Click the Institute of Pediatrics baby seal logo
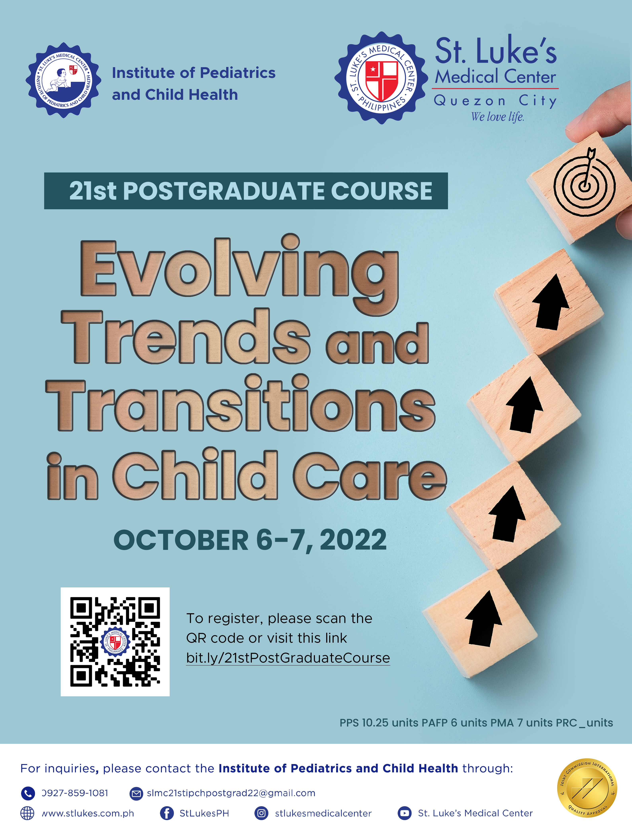click(x=63, y=80)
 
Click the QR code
click(x=115, y=642)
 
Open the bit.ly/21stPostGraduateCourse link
click(x=288, y=658)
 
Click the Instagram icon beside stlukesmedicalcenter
click(x=261, y=813)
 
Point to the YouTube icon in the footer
click(x=404, y=813)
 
